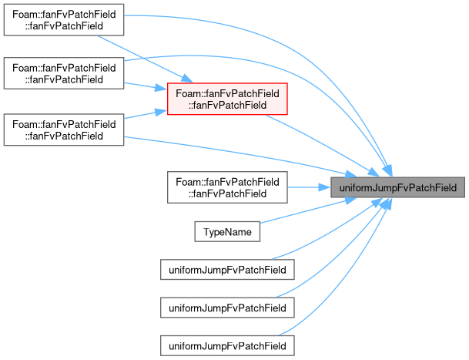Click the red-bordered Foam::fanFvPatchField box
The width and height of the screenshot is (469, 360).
tap(227, 99)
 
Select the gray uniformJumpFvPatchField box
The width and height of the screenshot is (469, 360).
tap(397, 187)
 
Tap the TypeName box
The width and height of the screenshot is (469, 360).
tap(227, 231)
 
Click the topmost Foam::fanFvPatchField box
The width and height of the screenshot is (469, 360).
tap(64, 20)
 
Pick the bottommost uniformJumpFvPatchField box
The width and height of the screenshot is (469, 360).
tap(227, 346)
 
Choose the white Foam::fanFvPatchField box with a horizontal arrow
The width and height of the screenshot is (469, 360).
tap(227, 187)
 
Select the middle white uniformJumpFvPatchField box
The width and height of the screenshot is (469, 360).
tap(227, 308)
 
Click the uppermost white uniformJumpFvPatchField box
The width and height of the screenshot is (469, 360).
tap(227, 270)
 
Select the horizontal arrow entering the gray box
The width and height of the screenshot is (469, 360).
tap(309, 187)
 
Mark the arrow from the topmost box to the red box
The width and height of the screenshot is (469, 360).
tap(146, 59)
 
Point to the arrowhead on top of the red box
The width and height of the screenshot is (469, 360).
tap(187, 79)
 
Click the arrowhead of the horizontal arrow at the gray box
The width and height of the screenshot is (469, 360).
tap(324, 187)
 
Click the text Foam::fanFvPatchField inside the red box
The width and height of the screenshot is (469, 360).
tap(227, 93)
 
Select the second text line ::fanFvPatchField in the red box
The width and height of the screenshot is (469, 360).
tap(227, 105)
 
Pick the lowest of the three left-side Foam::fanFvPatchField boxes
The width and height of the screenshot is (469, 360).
tap(64, 130)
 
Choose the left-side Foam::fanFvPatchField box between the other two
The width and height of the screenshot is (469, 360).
tap(64, 73)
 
